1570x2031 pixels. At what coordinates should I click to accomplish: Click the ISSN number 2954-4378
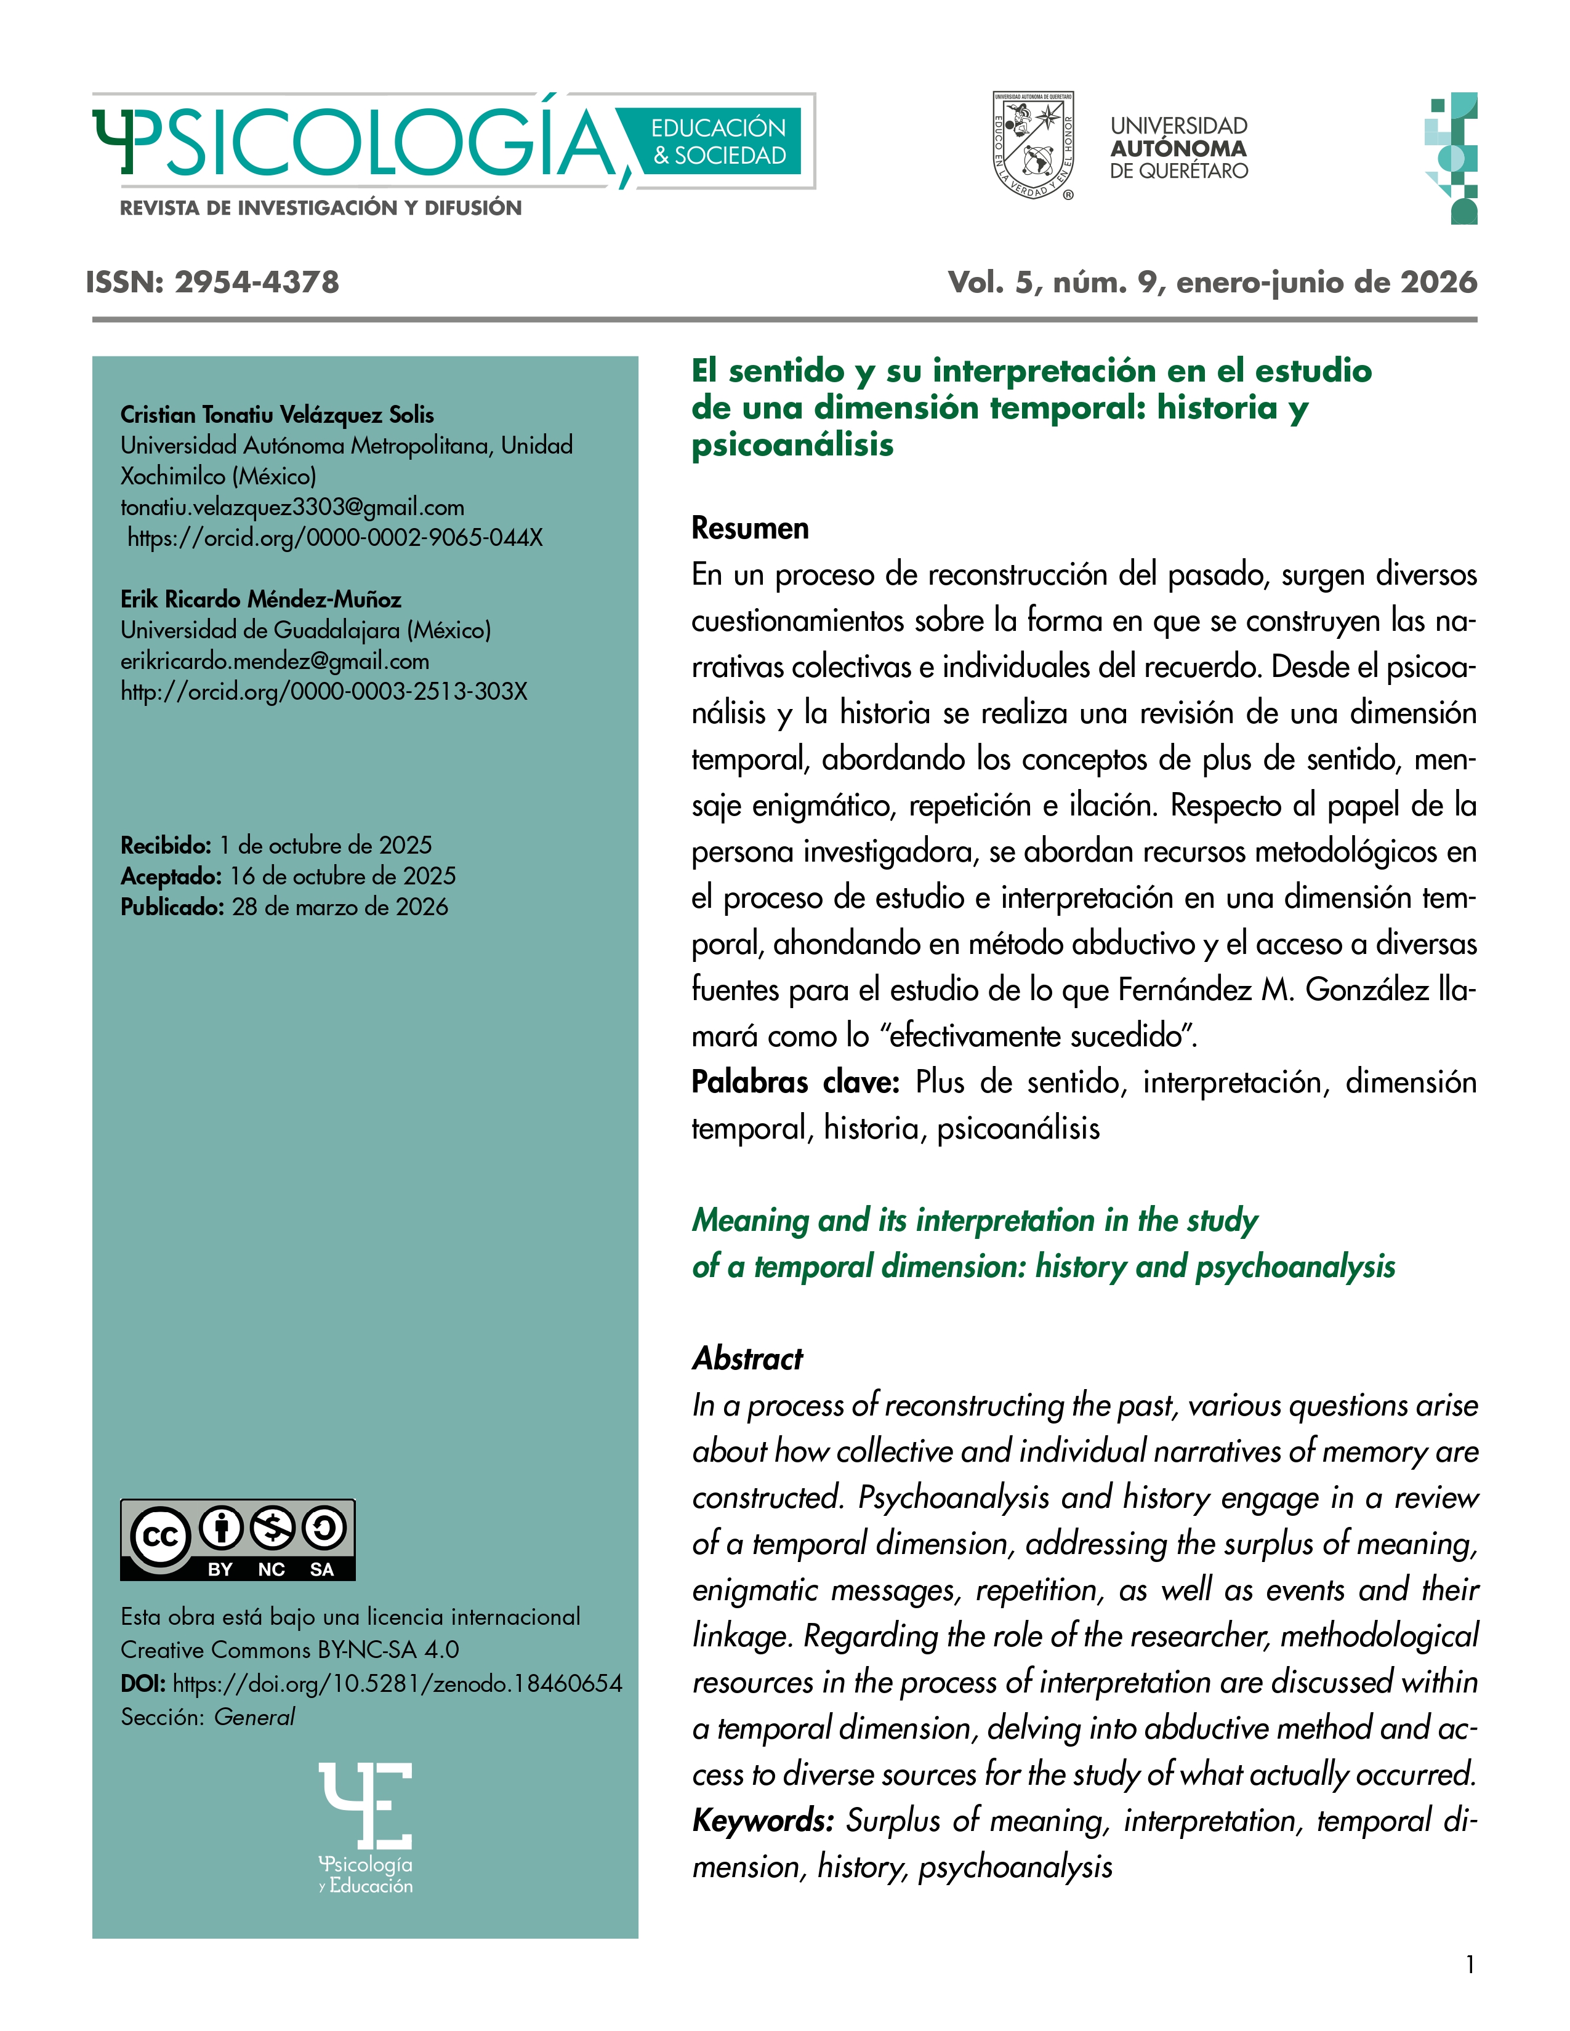click(257, 282)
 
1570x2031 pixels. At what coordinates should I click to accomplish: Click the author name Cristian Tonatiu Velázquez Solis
click(277, 415)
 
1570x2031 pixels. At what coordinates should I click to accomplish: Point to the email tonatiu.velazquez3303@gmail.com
click(292, 507)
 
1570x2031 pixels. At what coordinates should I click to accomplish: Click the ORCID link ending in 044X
click(335, 537)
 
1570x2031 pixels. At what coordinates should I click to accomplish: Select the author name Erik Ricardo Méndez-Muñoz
click(260, 599)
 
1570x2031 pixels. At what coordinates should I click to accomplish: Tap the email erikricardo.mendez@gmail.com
click(275, 661)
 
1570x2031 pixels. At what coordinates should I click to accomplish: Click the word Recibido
click(166, 845)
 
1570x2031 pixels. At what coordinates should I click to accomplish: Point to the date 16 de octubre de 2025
click(342, 876)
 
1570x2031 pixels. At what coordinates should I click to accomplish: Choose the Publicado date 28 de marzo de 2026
click(339, 907)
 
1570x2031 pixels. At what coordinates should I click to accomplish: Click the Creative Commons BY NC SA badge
click(237, 1539)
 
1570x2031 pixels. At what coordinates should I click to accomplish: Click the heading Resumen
click(750, 528)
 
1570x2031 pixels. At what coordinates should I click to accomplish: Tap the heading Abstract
click(747, 1359)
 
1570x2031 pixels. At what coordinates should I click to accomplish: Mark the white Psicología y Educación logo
click(366, 1827)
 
